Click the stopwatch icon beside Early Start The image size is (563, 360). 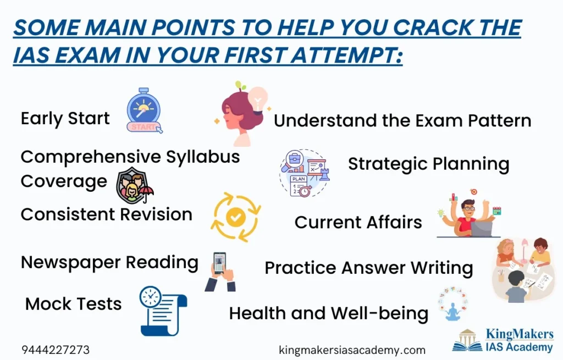[x=144, y=110]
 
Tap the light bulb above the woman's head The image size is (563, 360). [x=258, y=100]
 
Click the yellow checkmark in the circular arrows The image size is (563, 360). [x=235, y=217]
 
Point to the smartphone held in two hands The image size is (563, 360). [x=219, y=263]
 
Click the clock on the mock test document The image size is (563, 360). [x=151, y=297]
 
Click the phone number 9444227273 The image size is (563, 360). [x=56, y=350]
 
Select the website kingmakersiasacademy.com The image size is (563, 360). [x=352, y=350]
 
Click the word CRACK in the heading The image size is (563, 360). [x=432, y=27]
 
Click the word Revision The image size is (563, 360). [x=156, y=214]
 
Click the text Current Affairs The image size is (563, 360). [x=358, y=222]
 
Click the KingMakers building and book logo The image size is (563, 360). [x=467, y=340]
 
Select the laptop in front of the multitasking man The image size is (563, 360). [x=482, y=229]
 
